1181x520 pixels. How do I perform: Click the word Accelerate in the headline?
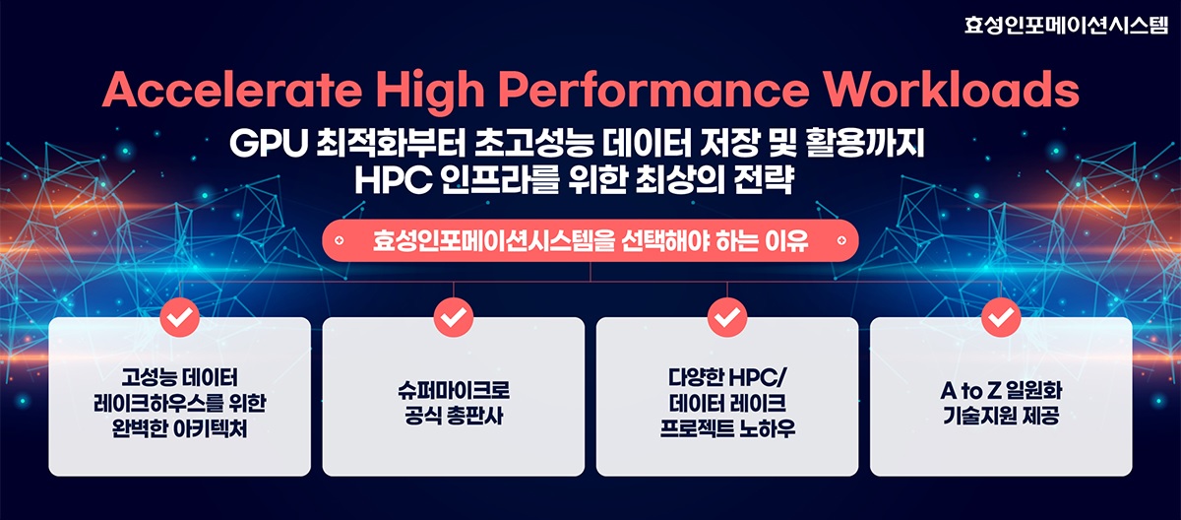pyautogui.click(x=232, y=93)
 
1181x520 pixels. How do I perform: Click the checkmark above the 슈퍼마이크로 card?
pyautogui.click(x=453, y=317)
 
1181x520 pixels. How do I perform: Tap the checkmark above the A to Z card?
pyautogui.click(x=1001, y=317)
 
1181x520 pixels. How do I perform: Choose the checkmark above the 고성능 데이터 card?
pyautogui.click(x=179, y=317)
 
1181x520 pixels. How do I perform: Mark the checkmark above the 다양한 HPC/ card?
pyautogui.click(x=726, y=317)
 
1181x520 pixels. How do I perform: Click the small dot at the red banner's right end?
pyautogui.click(x=840, y=239)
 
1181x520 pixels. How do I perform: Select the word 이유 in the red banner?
pyautogui.click(x=788, y=240)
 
